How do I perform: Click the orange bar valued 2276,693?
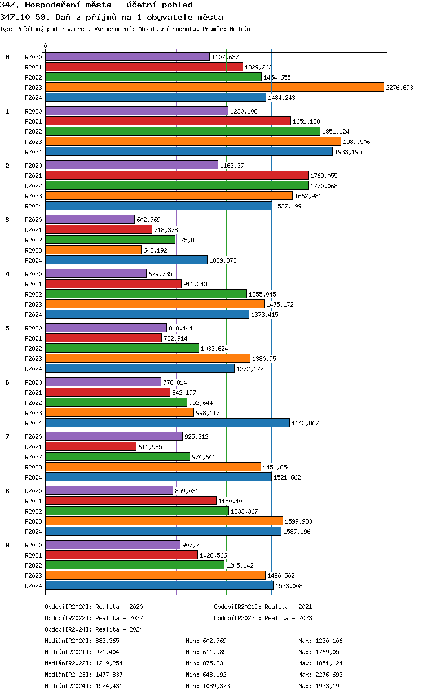(x=214, y=87)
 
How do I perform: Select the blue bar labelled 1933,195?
(x=189, y=151)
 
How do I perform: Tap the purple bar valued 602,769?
(x=90, y=219)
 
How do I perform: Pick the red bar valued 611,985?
(x=91, y=446)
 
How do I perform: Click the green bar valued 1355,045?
(x=146, y=294)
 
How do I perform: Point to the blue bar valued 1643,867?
(x=168, y=423)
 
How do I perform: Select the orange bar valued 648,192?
(x=94, y=250)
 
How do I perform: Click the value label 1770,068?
(x=324, y=186)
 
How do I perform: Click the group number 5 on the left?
(x=7, y=328)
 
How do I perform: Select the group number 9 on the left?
(x=7, y=545)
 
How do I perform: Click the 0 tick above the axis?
(x=46, y=46)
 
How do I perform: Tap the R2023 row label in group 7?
(x=34, y=467)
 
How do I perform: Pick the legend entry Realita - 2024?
(x=119, y=629)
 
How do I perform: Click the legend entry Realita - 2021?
(x=288, y=607)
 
